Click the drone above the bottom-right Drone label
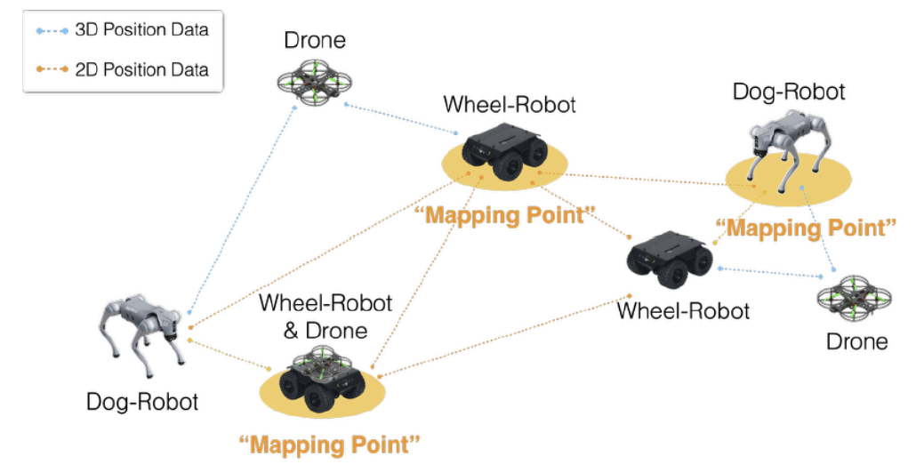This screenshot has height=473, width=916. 855,301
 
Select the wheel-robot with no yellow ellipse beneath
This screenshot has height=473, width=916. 670,257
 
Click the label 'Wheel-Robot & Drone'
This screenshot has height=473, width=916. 325,317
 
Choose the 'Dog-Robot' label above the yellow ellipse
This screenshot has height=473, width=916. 788,91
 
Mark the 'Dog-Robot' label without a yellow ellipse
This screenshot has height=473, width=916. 142,402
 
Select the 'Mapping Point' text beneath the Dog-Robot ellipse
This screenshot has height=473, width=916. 805,228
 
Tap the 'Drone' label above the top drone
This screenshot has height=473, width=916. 314,40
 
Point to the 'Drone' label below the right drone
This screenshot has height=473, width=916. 856,341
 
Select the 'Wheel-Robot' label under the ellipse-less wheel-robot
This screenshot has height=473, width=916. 683,311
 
